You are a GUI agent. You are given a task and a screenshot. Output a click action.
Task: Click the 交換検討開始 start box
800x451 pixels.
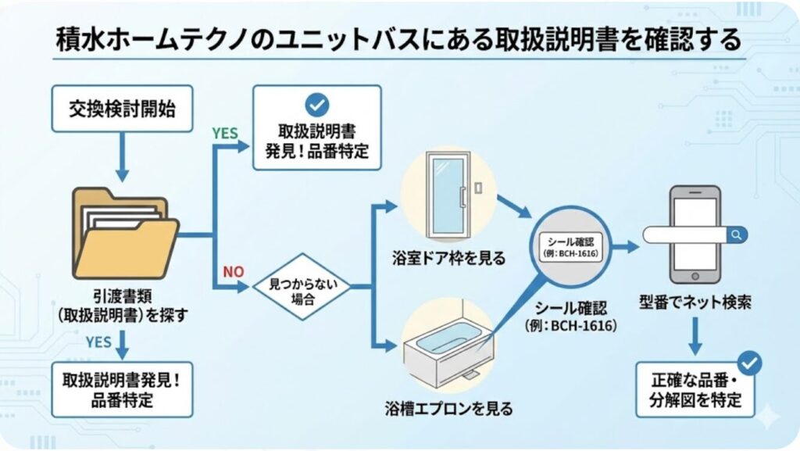[122, 109]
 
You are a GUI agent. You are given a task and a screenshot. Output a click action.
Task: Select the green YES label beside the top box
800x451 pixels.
[225, 133]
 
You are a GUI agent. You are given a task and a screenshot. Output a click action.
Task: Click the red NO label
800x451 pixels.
[234, 271]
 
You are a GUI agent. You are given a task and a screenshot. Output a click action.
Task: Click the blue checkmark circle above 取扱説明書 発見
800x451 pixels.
[316, 104]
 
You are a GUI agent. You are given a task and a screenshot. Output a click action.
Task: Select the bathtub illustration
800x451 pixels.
[448, 349]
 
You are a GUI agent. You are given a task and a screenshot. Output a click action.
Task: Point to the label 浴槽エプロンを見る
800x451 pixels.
[448, 407]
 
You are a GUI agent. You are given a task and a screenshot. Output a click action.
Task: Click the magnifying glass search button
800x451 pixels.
[736, 234]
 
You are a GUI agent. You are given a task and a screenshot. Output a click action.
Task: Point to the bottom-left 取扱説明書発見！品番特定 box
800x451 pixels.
[121, 389]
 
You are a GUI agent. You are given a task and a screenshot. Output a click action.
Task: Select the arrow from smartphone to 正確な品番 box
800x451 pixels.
[695, 337]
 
